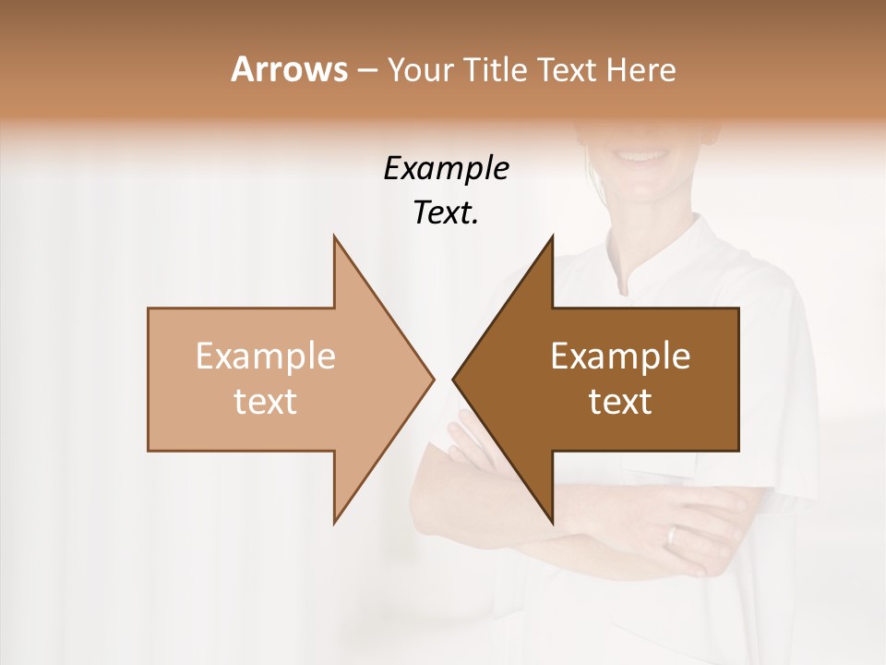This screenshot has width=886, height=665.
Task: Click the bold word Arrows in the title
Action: click(x=289, y=69)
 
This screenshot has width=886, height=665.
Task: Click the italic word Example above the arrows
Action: click(x=446, y=169)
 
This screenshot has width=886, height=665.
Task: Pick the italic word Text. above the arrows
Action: click(x=446, y=213)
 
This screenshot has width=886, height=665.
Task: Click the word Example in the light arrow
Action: click(x=266, y=357)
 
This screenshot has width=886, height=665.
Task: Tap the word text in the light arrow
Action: click(x=266, y=402)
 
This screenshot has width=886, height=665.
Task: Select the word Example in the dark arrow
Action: click(x=620, y=357)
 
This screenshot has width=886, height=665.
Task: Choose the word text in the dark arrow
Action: click(x=620, y=402)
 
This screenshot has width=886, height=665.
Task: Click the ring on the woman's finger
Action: click(x=672, y=536)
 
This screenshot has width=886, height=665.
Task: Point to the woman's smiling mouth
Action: click(x=637, y=151)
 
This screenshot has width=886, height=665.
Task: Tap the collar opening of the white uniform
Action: click(x=629, y=277)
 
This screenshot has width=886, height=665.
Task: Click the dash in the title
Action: click(x=366, y=70)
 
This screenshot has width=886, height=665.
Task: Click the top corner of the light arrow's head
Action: click(x=334, y=237)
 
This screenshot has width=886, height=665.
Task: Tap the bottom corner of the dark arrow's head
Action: click(x=552, y=523)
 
